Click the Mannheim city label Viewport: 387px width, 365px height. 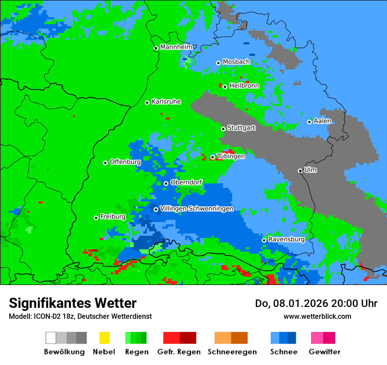click(176, 47)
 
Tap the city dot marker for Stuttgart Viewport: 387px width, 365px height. click(223, 129)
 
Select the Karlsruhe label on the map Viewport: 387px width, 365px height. click(166, 102)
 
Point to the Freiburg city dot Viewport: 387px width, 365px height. click(96, 218)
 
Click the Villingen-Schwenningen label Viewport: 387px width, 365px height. click(197, 208)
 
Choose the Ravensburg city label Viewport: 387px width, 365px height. click(286, 239)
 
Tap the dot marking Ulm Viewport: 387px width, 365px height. click(300, 171)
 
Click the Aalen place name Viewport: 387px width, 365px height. click(322, 121)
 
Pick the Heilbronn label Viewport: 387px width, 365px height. click(244, 86)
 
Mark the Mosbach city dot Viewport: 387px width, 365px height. click(218, 63)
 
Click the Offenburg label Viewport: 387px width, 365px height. click(125, 162)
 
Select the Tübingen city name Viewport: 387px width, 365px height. click(231, 156)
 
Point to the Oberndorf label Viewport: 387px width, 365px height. click(186, 182)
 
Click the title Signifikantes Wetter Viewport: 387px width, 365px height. click(73, 303)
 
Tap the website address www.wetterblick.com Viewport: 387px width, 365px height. click(317, 316)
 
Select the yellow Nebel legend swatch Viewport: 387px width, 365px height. click(104, 338)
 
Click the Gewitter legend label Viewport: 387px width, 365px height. click(324, 352)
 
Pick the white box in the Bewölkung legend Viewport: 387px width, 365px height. click(51, 338)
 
